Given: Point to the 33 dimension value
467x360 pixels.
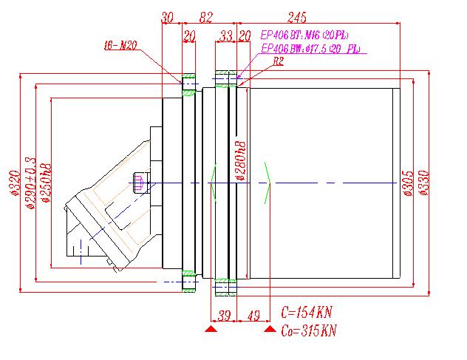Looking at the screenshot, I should tap(225, 35).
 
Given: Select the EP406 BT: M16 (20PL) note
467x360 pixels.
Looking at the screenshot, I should tap(304, 35).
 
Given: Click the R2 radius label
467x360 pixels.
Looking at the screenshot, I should tap(279, 62).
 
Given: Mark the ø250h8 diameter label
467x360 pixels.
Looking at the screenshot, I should tap(44, 182).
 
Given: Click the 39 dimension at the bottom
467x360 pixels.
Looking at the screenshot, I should tap(225, 316).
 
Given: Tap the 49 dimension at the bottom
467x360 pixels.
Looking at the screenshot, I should tap(253, 316).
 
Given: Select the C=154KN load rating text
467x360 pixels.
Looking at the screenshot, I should tap(309, 311).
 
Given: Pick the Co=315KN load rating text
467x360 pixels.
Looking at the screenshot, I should tap(309, 330).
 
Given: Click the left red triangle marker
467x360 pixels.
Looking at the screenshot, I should tap(211, 330).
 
